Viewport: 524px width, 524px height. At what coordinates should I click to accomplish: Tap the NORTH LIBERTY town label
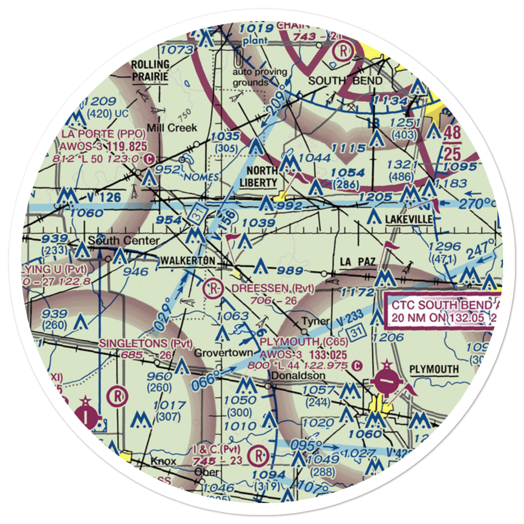pyautogui.click(x=261, y=177)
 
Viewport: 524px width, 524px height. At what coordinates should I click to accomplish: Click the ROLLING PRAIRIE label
pyautogui.click(x=150, y=70)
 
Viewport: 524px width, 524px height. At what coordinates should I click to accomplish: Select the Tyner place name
pyautogui.click(x=318, y=321)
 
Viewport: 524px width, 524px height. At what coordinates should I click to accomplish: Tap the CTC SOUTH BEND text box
pyautogui.click(x=439, y=311)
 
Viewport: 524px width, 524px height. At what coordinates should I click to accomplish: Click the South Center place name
pyautogui.click(x=124, y=241)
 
